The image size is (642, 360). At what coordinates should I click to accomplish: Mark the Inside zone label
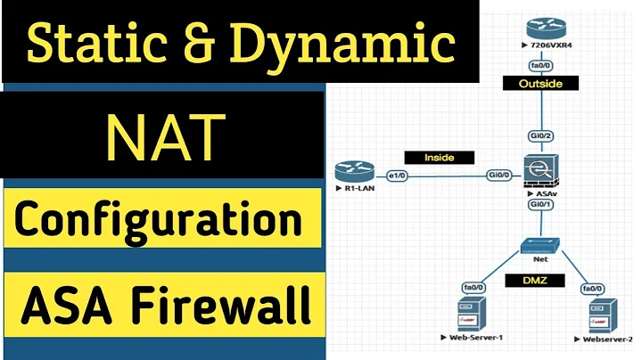439,157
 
